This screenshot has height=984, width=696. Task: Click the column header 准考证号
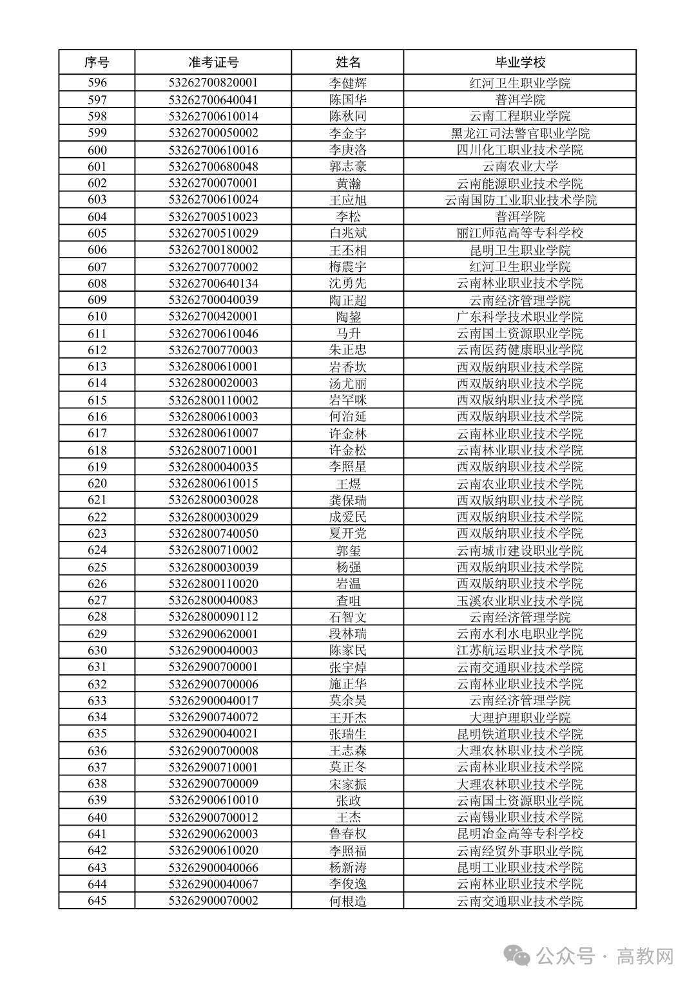pyautogui.click(x=213, y=62)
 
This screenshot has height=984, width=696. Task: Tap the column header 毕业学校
pyautogui.click(x=519, y=62)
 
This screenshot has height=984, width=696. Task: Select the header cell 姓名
pyautogui.click(x=348, y=62)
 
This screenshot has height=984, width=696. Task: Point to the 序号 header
pyautogui.click(x=97, y=62)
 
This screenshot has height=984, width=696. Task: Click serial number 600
pyautogui.click(x=97, y=150)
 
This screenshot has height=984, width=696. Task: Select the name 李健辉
pyautogui.click(x=348, y=83)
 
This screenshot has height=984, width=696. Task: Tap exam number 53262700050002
pyautogui.click(x=213, y=133)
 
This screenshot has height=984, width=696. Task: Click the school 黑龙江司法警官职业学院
pyautogui.click(x=519, y=133)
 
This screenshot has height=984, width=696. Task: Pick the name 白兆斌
pyautogui.click(x=348, y=233)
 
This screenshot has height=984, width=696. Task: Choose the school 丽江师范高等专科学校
pyautogui.click(x=519, y=233)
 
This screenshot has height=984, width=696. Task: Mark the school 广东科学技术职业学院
pyautogui.click(x=519, y=317)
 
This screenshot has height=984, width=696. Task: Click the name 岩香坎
pyautogui.click(x=348, y=366)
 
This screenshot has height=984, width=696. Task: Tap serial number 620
pyautogui.click(x=97, y=484)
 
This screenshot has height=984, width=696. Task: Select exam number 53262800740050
pyautogui.click(x=213, y=533)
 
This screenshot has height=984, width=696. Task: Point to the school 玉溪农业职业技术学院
pyautogui.click(x=519, y=600)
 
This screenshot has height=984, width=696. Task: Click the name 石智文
pyautogui.click(x=348, y=617)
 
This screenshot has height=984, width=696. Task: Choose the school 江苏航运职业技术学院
pyautogui.click(x=519, y=650)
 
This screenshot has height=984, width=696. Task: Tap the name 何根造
pyautogui.click(x=348, y=900)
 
